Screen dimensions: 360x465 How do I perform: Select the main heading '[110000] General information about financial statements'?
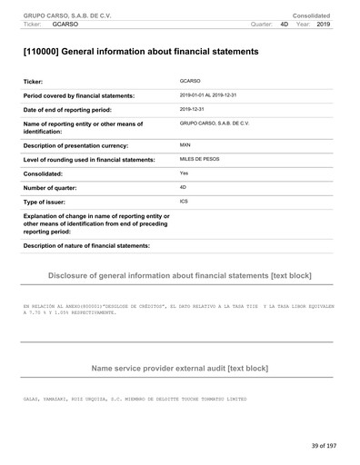(x=140, y=52)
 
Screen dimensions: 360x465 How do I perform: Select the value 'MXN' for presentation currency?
(x=185, y=144)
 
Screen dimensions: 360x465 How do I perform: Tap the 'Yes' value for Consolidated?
(x=185, y=173)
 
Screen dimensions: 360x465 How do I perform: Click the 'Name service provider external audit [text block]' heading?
(x=180, y=369)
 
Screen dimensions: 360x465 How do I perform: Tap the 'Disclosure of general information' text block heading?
(x=180, y=273)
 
